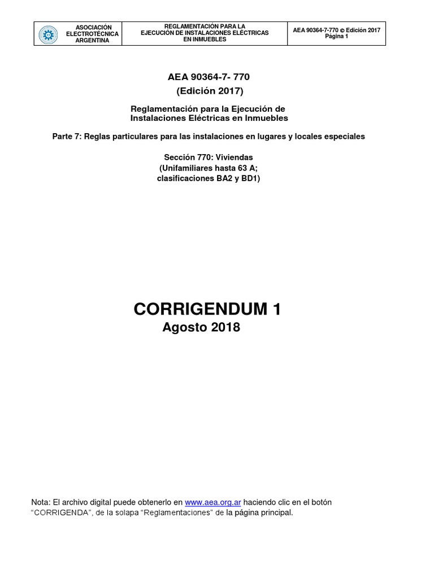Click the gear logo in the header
(x=48, y=34)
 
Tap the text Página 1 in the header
(x=337, y=37)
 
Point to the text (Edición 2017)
(x=210, y=91)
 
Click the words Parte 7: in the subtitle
(x=67, y=137)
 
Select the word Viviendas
(x=233, y=157)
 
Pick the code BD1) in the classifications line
(x=249, y=179)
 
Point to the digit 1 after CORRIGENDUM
(x=276, y=309)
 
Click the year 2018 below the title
(x=224, y=328)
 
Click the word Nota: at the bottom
(x=41, y=502)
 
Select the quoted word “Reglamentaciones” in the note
(x=175, y=513)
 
